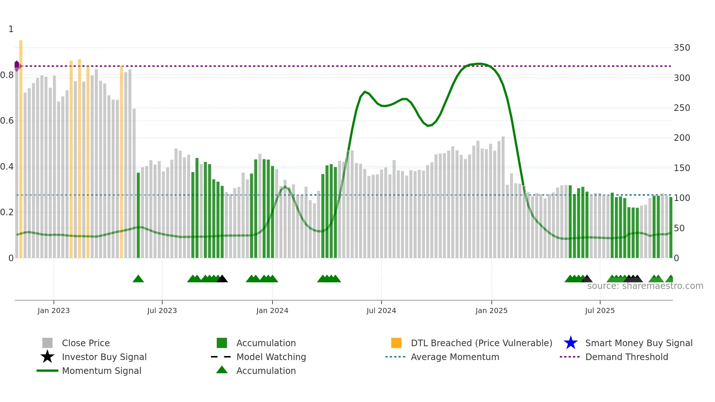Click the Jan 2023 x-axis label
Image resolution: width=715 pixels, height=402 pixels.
click(x=54, y=310)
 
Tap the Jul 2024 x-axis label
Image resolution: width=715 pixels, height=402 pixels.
click(x=381, y=310)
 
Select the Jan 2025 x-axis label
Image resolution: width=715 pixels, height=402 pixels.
click(x=491, y=310)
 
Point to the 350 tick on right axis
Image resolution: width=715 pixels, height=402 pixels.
click(x=682, y=48)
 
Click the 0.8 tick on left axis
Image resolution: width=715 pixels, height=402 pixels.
click(x=7, y=75)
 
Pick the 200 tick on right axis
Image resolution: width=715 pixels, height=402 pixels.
click(x=682, y=138)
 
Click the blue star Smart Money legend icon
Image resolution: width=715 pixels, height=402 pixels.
click(x=571, y=343)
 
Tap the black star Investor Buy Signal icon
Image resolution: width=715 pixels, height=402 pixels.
click(x=47, y=357)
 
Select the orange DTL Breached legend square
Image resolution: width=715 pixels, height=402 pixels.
click(x=396, y=343)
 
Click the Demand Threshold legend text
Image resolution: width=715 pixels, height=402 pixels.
click(x=626, y=357)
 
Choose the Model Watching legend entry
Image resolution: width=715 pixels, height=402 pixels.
click(x=271, y=357)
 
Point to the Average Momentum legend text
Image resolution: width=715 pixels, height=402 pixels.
click(x=455, y=357)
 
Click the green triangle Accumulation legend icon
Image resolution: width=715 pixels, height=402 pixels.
click(x=222, y=370)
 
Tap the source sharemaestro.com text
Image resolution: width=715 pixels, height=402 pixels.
click(x=645, y=286)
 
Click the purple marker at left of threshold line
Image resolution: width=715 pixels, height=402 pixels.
click(x=17, y=66)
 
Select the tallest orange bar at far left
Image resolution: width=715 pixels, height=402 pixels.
click(x=21, y=146)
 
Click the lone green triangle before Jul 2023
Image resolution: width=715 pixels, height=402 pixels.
click(x=138, y=279)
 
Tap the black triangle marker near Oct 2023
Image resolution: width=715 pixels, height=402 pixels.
click(x=222, y=279)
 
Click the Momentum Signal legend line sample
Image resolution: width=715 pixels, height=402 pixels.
click(x=47, y=371)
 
